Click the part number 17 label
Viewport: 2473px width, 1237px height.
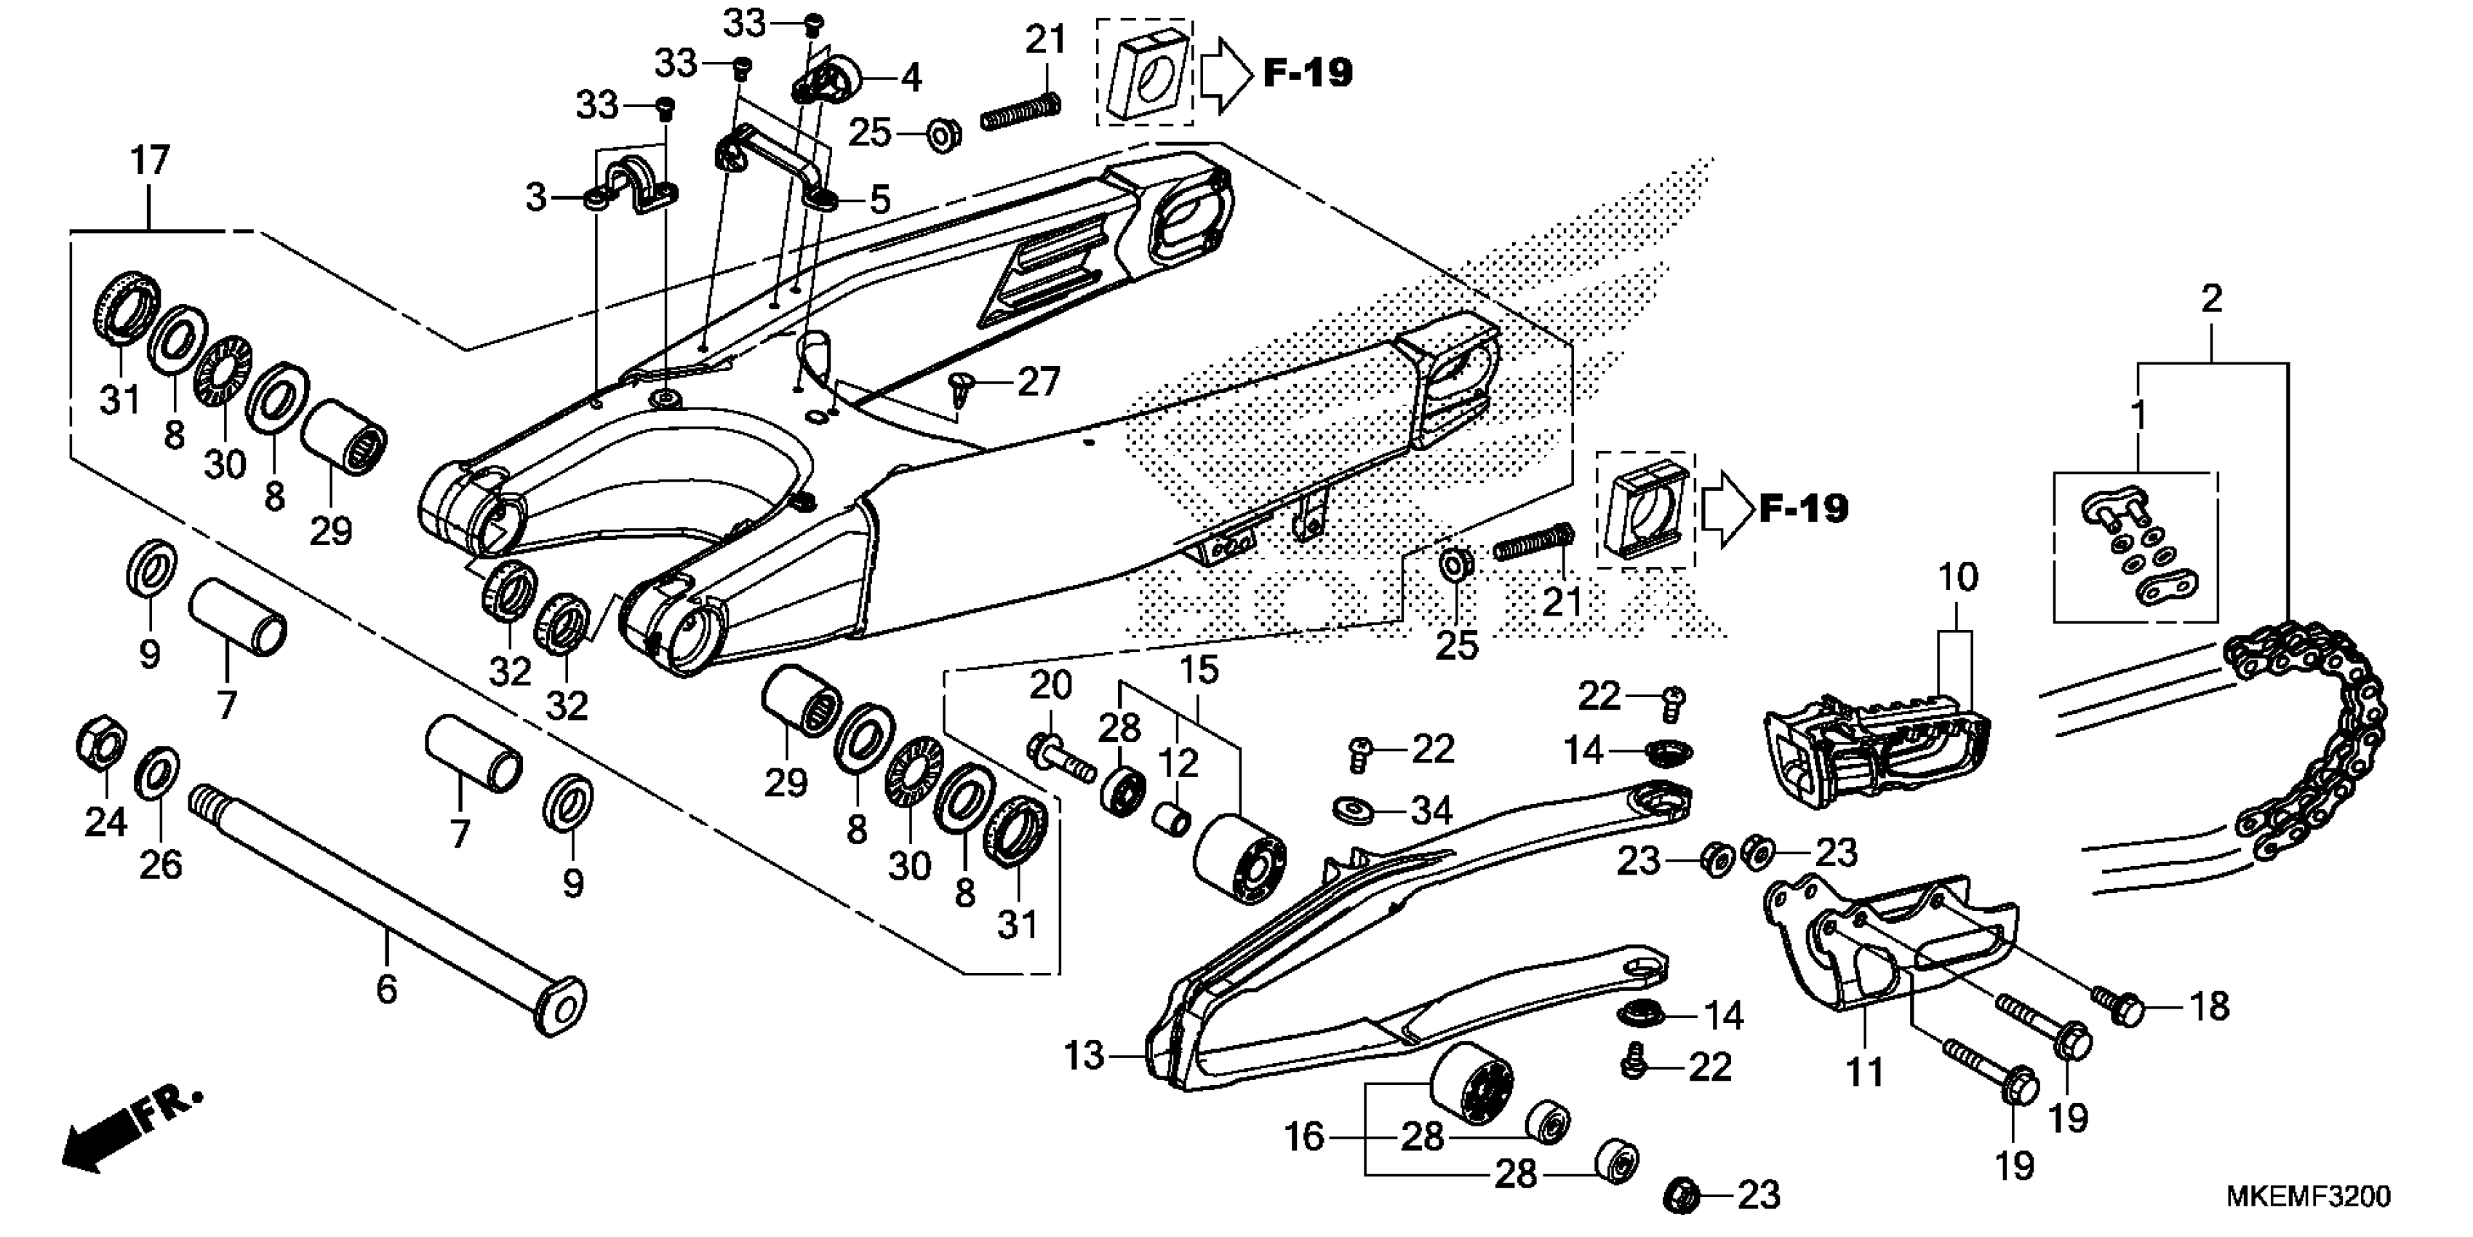[150, 160]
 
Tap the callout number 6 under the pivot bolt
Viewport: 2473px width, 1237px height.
[386, 988]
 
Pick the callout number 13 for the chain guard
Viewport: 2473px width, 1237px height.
[1084, 1057]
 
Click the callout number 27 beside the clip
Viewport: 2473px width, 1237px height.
[1039, 382]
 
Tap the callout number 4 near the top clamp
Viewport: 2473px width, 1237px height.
[910, 78]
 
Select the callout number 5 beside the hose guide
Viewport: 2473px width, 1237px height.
[880, 200]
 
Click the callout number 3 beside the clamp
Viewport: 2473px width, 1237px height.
[535, 198]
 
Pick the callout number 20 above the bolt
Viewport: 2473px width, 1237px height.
[1050, 685]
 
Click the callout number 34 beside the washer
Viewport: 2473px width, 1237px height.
[1431, 811]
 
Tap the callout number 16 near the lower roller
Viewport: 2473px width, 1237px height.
[1303, 1137]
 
